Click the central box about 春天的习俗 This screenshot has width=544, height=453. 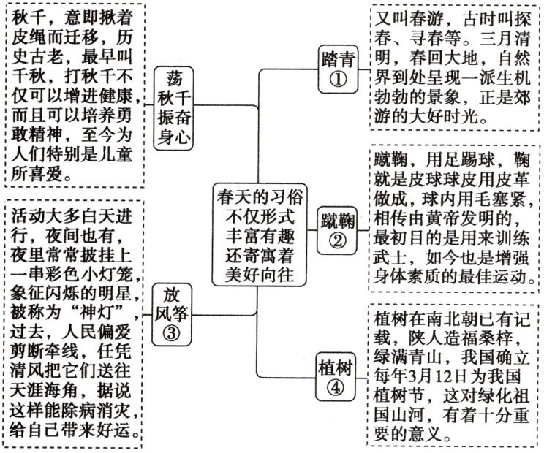pyautogui.click(x=261, y=235)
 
